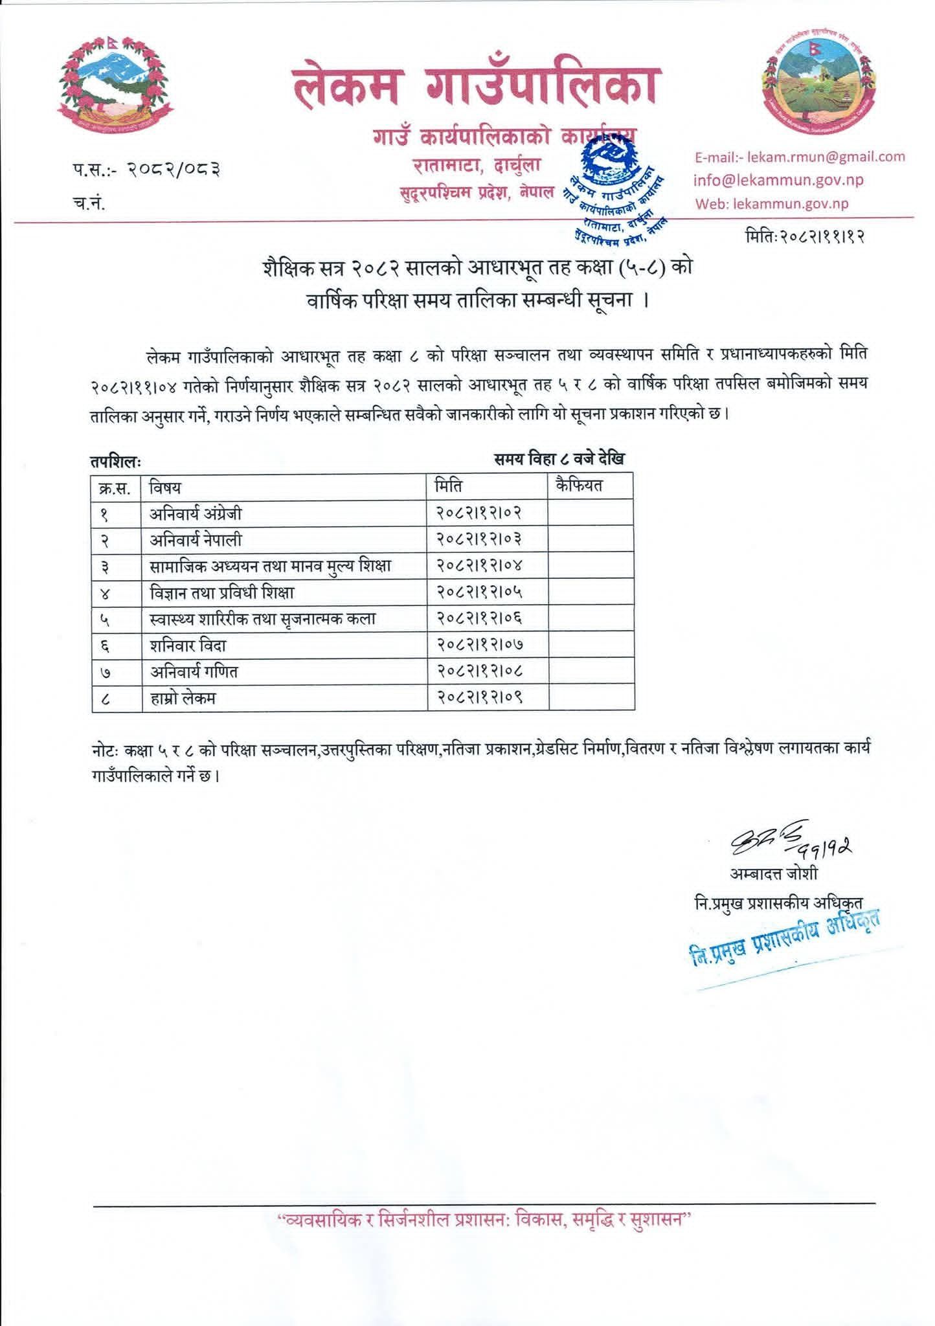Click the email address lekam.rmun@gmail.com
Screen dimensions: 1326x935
click(x=799, y=157)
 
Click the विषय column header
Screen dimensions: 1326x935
click(x=164, y=486)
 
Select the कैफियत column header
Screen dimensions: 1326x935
click(x=579, y=486)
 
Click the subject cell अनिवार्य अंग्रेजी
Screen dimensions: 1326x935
click(x=196, y=513)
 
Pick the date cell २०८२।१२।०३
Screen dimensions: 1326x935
click(x=479, y=539)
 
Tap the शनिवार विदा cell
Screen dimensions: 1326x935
click(x=188, y=646)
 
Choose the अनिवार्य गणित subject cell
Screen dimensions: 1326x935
click(x=194, y=672)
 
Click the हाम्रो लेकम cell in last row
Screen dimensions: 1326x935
click(x=183, y=698)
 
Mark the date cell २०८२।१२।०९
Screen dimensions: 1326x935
click(x=479, y=698)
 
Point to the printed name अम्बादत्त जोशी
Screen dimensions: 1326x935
click(x=774, y=873)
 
